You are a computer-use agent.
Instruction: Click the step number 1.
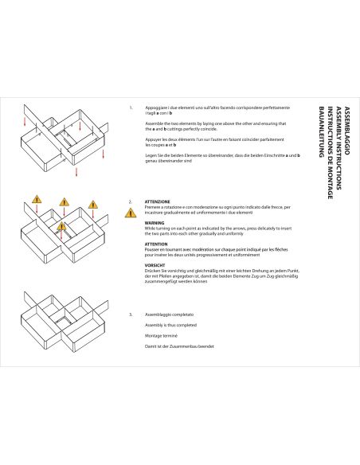131,107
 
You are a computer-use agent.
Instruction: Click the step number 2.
131,201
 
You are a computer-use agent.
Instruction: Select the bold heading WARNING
155,223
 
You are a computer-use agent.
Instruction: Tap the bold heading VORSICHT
155,265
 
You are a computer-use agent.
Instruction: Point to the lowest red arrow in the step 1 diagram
77,171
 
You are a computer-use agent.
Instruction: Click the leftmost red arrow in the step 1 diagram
25,123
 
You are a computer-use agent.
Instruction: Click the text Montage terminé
162,336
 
